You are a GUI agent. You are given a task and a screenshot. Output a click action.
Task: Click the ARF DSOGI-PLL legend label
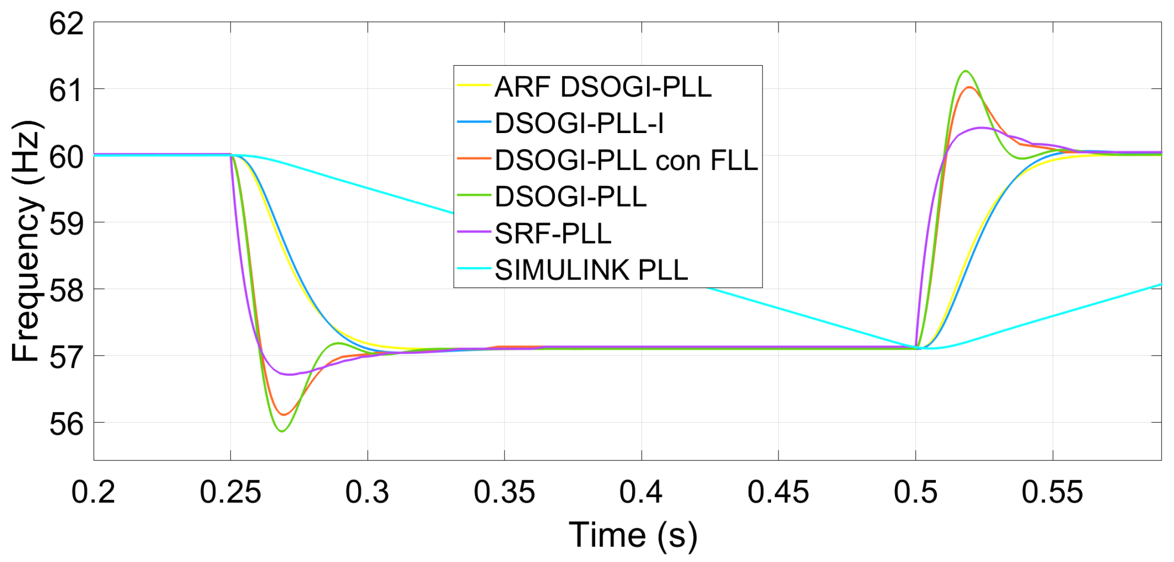point(603,87)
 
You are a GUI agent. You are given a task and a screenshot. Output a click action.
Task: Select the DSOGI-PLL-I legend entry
point(579,124)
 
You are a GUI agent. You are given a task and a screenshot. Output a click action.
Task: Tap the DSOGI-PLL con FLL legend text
point(626,160)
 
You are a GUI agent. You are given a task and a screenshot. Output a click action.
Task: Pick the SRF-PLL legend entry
point(553,234)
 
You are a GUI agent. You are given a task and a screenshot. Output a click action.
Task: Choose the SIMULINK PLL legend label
point(591,270)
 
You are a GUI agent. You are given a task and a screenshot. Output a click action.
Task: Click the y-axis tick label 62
point(66,23)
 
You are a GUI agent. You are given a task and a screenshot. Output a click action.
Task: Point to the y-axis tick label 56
point(66,424)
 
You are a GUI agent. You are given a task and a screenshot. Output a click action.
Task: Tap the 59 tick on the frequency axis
point(66,224)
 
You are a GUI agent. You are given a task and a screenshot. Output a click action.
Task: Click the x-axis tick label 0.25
point(230,492)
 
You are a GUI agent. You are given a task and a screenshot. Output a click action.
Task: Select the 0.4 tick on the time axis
point(641,492)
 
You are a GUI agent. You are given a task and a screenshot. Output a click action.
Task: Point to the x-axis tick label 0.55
point(1052,492)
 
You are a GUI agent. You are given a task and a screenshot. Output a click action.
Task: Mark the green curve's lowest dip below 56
point(282,431)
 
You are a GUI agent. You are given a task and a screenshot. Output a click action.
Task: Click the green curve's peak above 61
point(966,71)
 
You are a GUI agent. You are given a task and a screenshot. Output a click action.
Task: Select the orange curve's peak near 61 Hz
point(969,88)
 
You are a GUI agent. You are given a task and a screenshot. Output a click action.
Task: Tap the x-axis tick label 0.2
point(93,492)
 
